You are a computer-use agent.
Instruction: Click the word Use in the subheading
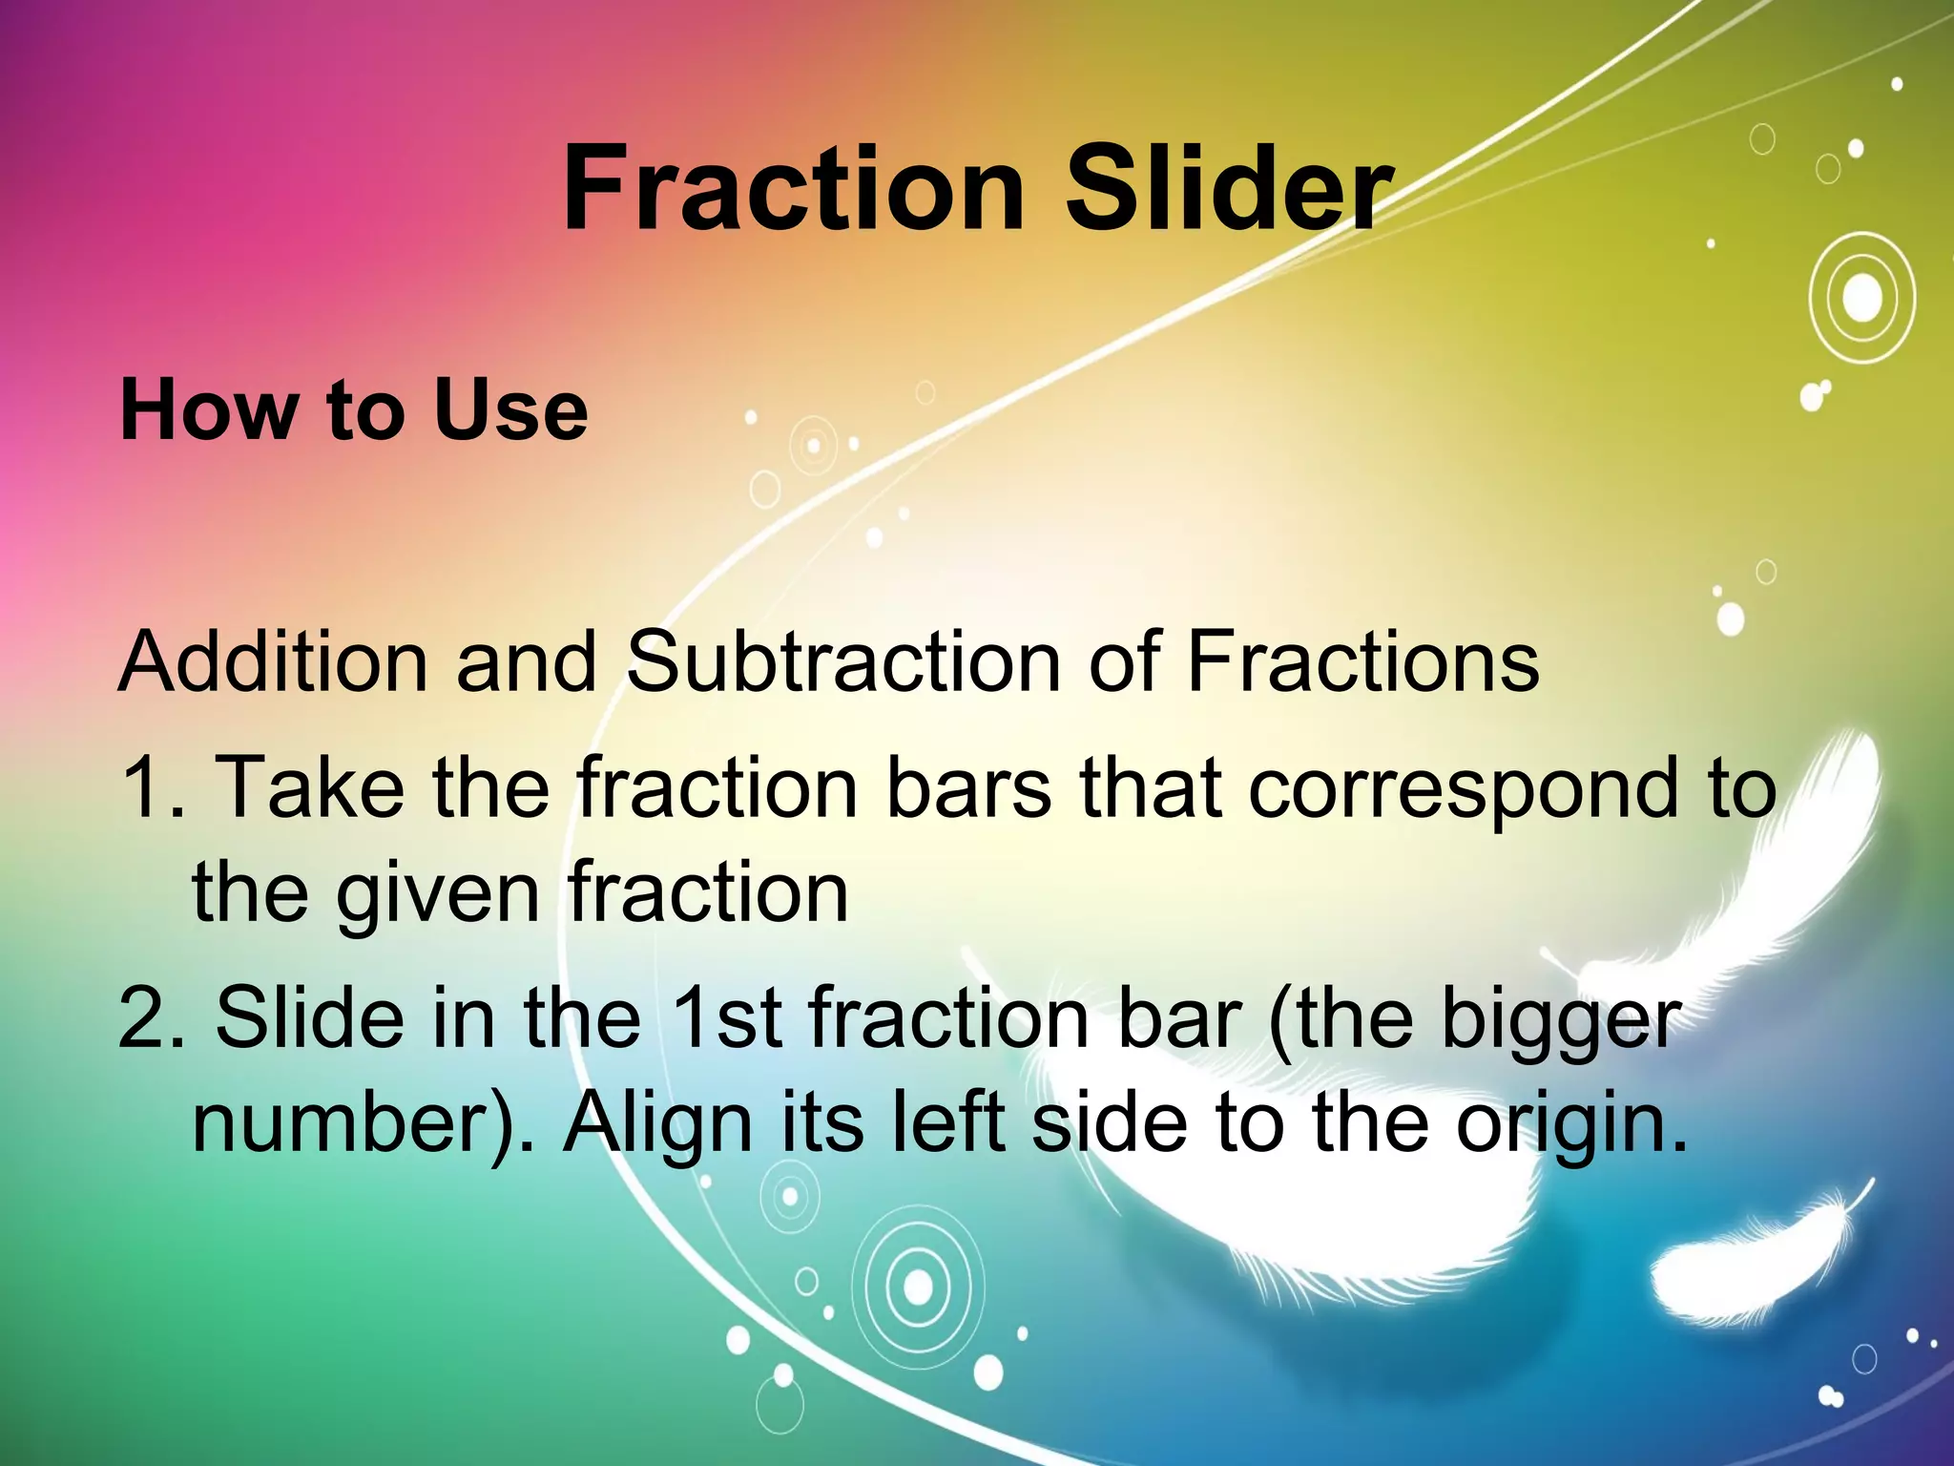coord(510,410)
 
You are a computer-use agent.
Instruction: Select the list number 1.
coord(148,788)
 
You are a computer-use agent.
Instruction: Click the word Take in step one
coord(310,788)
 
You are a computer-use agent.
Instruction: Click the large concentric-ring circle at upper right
coord(1861,299)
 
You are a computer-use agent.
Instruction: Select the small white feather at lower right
coord(1756,1260)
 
